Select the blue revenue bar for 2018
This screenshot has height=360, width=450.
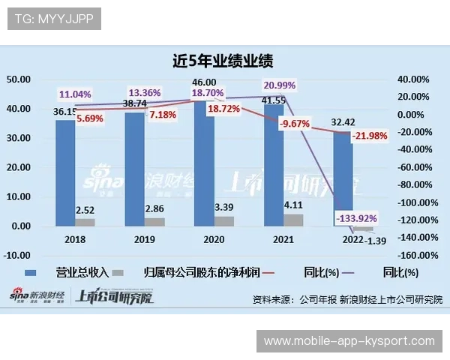(x=65, y=172)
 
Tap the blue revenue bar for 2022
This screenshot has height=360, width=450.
(x=343, y=180)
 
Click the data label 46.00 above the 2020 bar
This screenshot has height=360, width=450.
(x=204, y=82)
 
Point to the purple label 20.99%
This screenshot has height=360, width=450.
(x=279, y=84)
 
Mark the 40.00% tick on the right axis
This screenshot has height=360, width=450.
(x=412, y=79)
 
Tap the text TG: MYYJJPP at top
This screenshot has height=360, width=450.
(x=54, y=19)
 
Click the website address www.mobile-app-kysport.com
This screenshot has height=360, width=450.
(x=349, y=341)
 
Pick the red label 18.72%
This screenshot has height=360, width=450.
(x=223, y=109)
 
